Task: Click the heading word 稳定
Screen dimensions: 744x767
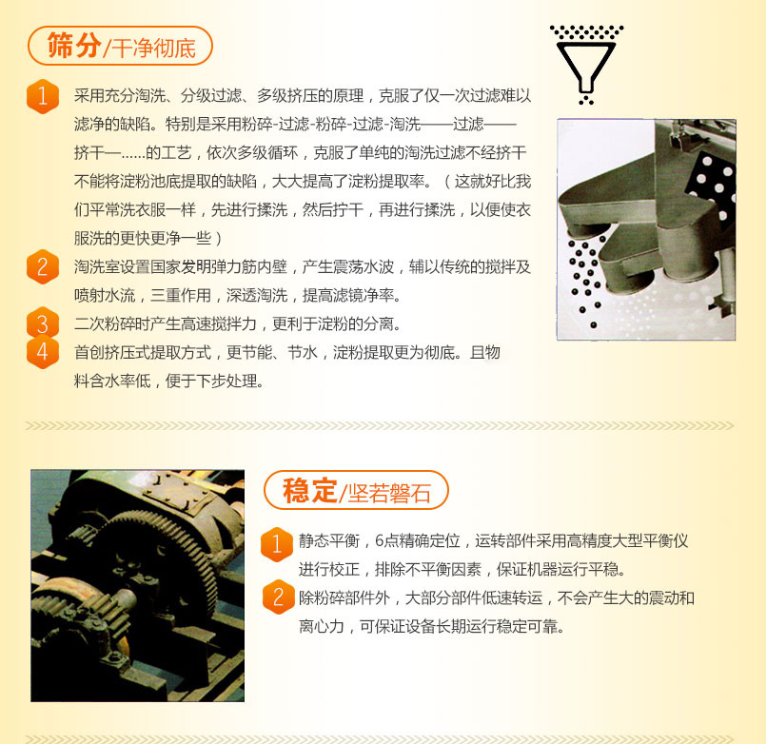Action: pyautogui.click(x=309, y=490)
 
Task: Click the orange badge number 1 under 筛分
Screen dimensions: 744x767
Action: pyautogui.click(x=43, y=96)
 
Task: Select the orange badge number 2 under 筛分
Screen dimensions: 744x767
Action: pyautogui.click(x=43, y=265)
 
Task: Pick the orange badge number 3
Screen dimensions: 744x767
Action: pyautogui.click(x=43, y=323)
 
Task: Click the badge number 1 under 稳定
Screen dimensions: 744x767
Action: pyautogui.click(x=278, y=543)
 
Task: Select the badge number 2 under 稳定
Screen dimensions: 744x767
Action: pyautogui.click(x=278, y=597)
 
